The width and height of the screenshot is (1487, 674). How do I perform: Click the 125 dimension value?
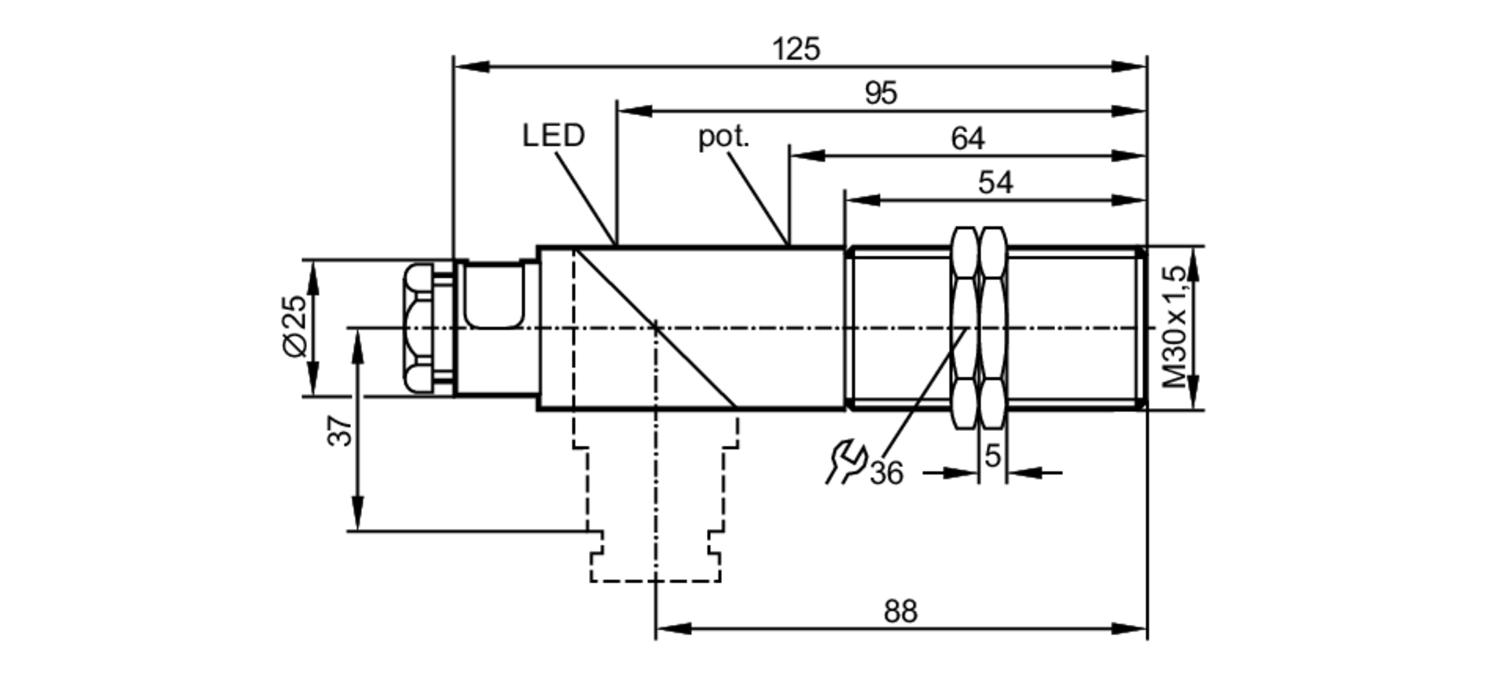click(796, 49)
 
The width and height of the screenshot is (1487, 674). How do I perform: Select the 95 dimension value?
click(881, 94)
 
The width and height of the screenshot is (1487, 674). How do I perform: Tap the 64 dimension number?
click(967, 139)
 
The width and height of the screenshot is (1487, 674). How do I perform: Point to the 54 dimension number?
click(995, 183)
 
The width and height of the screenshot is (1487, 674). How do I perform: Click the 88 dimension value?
click(900, 612)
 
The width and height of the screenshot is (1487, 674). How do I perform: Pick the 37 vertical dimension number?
click(341, 431)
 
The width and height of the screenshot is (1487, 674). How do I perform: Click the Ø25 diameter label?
click(295, 325)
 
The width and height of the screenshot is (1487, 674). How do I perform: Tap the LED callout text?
click(553, 136)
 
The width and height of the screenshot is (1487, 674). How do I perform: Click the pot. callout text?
click(723, 137)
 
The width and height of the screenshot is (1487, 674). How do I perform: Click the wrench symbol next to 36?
click(845, 461)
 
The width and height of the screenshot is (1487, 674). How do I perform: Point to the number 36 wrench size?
click(886, 473)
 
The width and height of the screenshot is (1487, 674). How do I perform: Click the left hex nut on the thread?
click(965, 327)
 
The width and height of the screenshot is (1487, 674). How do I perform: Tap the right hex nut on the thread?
click(993, 327)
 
